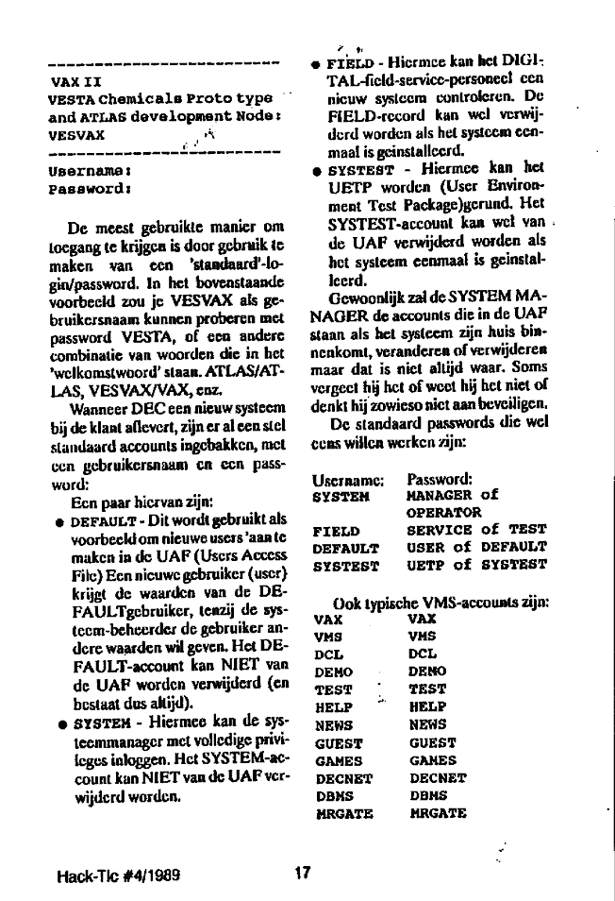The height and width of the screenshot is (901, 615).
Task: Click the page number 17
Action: click(302, 874)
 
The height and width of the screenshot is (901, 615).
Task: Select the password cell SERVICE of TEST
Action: click(476, 531)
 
